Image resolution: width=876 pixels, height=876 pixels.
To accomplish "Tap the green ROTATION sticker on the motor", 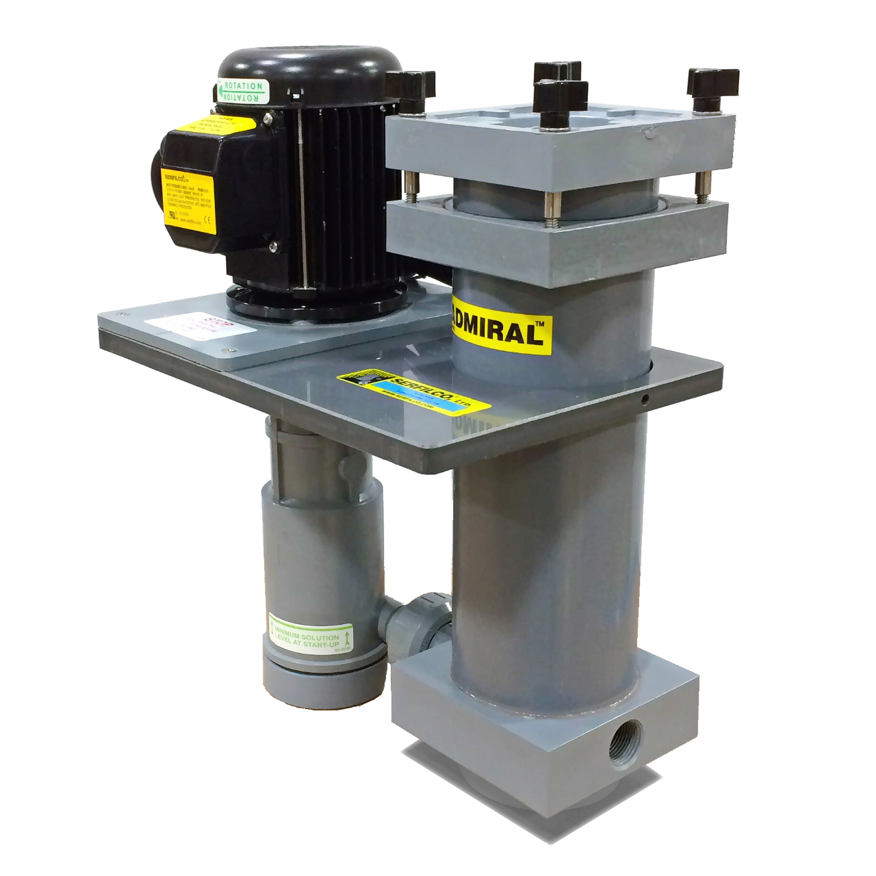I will click(240, 91).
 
